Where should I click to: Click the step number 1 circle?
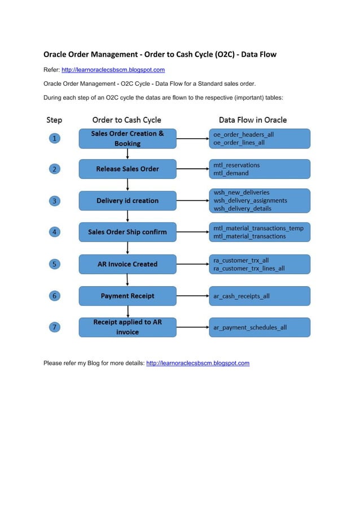pyautogui.click(x=54, y=138)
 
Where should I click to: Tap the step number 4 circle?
pyautogui.click(x=54, y=231)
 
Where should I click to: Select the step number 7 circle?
pyautogui.click(x=54, y=327)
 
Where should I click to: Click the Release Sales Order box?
pyautogui.click(x=128, y=169)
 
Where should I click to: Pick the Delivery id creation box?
pyautogui.click(x=128, y=200)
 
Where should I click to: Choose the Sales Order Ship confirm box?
pyautogui.click(x=128, y=232)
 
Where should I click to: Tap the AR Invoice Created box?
pyautogui.click(x=128, y=264)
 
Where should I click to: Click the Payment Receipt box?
pyautogui.click(x=128, y=296)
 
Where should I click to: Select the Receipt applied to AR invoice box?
pyautogui.click(x=128, y=327)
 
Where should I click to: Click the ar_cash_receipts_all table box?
pyautogui.click(x=260, y=296)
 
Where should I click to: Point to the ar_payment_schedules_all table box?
pyautogui.click(x=260, y=327)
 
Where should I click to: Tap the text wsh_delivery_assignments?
pyautogui.click(x=250, y=200)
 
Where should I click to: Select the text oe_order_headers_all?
pyautogui.click(x=243, y=135)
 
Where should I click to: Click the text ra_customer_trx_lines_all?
pyautogui.click(x=249, y=268)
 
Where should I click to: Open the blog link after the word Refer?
pyautogui.click(x=113, y=70)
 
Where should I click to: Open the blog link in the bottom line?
pyautogui.click(x=197, y=363)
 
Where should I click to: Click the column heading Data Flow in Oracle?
pyautogui.click(x=253, y=120)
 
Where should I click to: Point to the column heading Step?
pyautogui.click(x=54, y=120)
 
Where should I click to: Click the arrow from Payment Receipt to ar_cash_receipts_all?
pyautogui.click(x=192, y=296)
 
